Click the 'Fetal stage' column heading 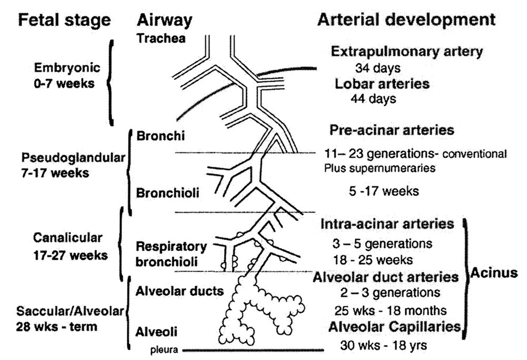point(65,20)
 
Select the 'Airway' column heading point(163,20)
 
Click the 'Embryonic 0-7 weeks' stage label point(65,76)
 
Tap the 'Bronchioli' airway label point(161,193)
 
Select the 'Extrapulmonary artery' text point(407,52)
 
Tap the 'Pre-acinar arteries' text point(392,130)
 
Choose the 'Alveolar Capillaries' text point(394,327)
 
